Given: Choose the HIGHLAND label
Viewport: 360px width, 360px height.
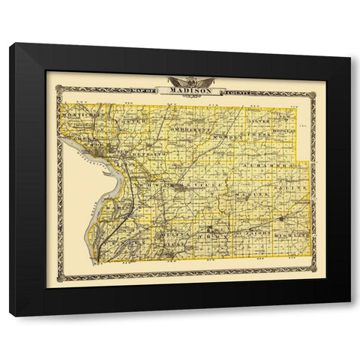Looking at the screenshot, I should (292, 235).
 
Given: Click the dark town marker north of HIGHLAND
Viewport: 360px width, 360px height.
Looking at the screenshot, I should (282, 218).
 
